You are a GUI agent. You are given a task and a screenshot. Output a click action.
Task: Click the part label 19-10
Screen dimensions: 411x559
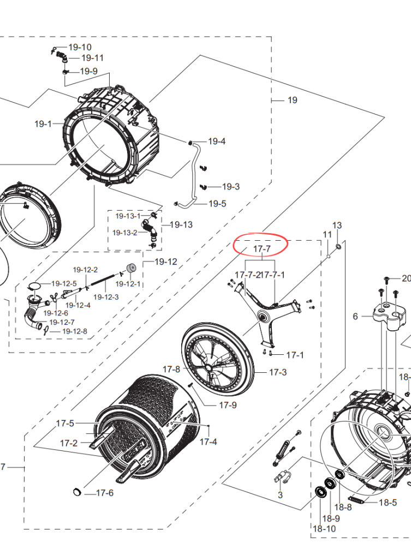80,47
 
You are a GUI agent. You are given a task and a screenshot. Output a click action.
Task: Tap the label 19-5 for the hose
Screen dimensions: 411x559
217,204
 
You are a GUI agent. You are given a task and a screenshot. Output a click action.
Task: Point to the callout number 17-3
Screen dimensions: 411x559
278,372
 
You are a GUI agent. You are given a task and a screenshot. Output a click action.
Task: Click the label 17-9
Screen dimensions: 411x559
228,405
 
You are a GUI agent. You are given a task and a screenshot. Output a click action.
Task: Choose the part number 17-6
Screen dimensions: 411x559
105,493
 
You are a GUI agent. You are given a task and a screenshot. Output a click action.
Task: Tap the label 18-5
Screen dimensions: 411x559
388,502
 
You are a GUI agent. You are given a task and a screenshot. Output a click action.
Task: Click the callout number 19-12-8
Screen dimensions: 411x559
75,331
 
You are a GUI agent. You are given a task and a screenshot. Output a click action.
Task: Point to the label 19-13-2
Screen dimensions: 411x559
125,233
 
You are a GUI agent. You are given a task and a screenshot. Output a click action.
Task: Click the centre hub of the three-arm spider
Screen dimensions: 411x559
264,316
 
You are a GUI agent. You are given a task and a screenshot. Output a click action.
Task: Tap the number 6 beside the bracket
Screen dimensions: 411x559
355,316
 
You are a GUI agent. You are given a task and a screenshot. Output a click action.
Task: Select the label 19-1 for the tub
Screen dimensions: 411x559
43,124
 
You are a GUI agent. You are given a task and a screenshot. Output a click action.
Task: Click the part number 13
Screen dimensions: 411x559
337,225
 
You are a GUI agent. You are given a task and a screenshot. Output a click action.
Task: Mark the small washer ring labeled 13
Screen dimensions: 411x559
338,247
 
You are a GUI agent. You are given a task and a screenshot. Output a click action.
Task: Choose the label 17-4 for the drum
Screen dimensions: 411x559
208,442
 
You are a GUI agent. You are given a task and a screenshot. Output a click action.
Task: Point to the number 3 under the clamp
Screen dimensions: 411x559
280,495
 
